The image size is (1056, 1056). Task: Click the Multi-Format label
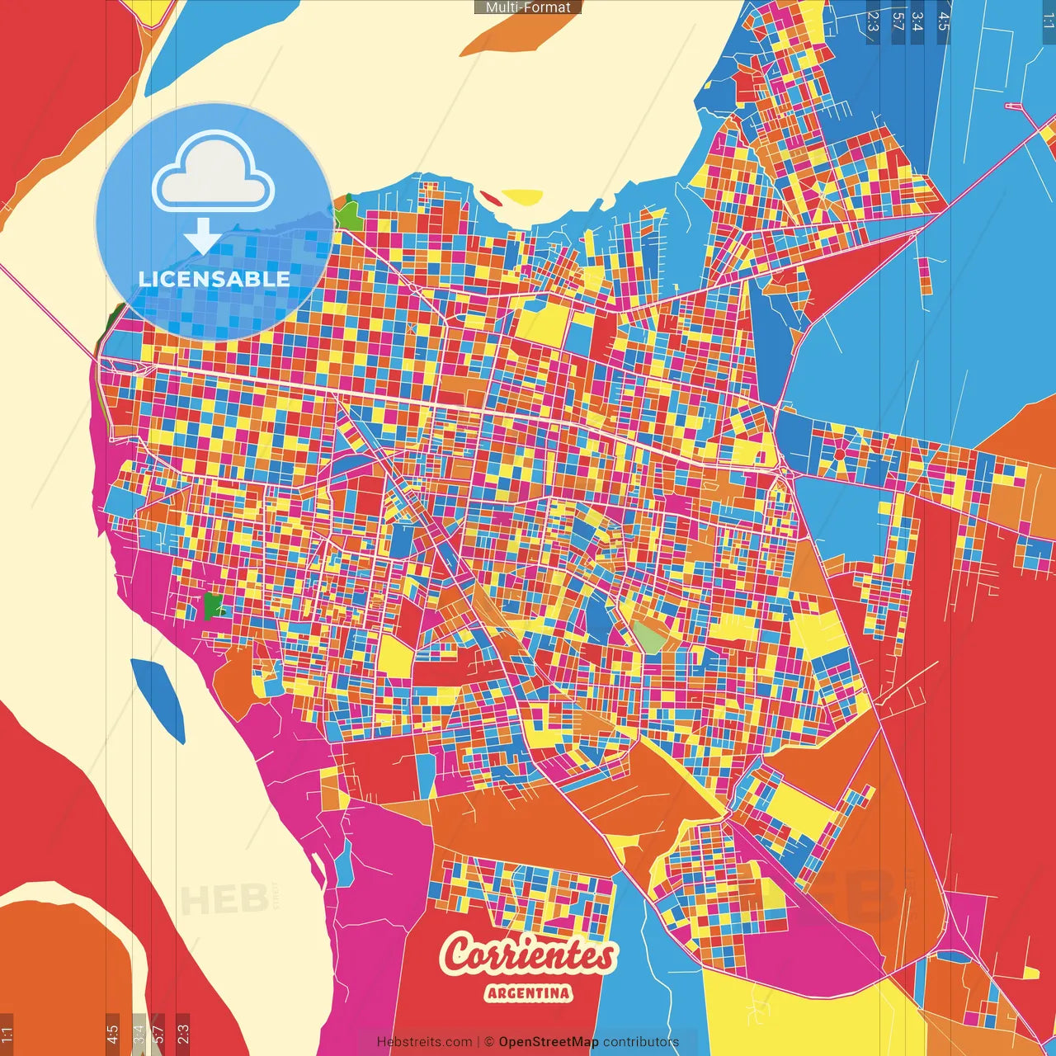[x=528, y=7]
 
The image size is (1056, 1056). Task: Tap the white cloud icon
[x=214, y=174]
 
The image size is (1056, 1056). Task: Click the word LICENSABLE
[x=214, y=279]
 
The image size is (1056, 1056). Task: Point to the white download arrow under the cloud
[x=202, y=237]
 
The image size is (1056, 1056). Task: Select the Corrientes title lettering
[x=528, y=955]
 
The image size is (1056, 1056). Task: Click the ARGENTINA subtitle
[x=528, y=992]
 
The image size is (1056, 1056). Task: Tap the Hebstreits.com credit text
[x=424, y=1042]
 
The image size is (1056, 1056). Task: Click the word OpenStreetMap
[x=549, y=1042]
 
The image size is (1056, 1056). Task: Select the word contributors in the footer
[x=641, y=1042]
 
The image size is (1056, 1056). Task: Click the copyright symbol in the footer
[x=489, y=1042]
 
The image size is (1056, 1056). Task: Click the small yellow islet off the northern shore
[x=522, y=197]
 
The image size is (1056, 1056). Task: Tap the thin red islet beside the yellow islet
[x=489, y=198]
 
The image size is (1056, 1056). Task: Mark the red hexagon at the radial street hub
[x=839, y=454]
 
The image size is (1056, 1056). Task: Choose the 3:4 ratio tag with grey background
[x=139, y=1033]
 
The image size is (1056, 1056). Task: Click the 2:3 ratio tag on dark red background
[x=182, y=1033]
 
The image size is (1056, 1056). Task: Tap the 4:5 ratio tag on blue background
[x=943, y=21]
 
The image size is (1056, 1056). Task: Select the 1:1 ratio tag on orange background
[x=7, y=1033]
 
